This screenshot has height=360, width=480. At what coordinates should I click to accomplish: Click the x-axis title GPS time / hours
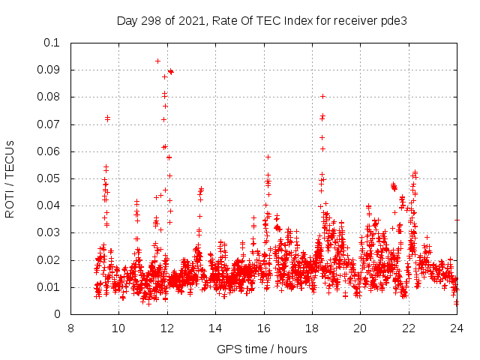pyautogui.click(x=262, y=349)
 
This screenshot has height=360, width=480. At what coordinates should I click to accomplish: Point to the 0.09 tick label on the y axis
pyautogui.click(x=51, y=70)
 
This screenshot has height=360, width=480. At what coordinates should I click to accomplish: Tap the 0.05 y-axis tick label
pyautogui.click(x=51, y=178)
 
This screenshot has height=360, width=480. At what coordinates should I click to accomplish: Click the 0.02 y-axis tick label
pyautogui.click(x=51, y=260)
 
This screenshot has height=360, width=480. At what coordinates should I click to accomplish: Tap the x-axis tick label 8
pyautogui.click(x=70, y=328)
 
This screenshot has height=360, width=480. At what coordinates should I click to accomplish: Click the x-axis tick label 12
pyautogui.click(x=167, y=328)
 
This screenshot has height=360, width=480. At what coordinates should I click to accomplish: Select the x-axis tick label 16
pyautogui.click(x=264, y=328)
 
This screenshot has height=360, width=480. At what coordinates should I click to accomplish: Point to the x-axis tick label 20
pyautogui.click(x=360, y=328)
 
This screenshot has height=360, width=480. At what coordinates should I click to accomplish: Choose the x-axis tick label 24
pyautogui.click(x=457, y=328)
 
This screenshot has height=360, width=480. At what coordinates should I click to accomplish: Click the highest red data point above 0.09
pyautogui.click(x=157, y=61)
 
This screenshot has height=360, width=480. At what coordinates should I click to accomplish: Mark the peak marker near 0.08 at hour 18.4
pyautogui.click(x=322, y=96)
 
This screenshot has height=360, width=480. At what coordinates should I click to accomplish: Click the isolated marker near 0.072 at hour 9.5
pyautogui.click(x=107, y=118)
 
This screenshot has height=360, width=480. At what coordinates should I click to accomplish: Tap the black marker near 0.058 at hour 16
pyautogui.click(x=268, y=157)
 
